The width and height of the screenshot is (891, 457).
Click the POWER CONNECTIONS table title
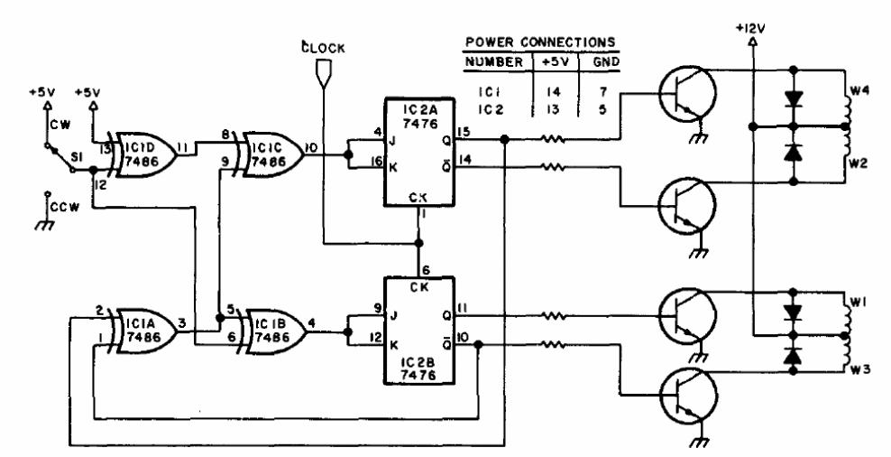(x=540, y=42)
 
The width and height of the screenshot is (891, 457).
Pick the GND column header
(x=606, y=61)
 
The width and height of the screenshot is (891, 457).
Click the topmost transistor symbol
(x=687, y=93)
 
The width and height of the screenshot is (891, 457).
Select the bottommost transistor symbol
(x=687, y=395)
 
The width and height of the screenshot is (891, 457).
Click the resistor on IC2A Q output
(x=552, y=138)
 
